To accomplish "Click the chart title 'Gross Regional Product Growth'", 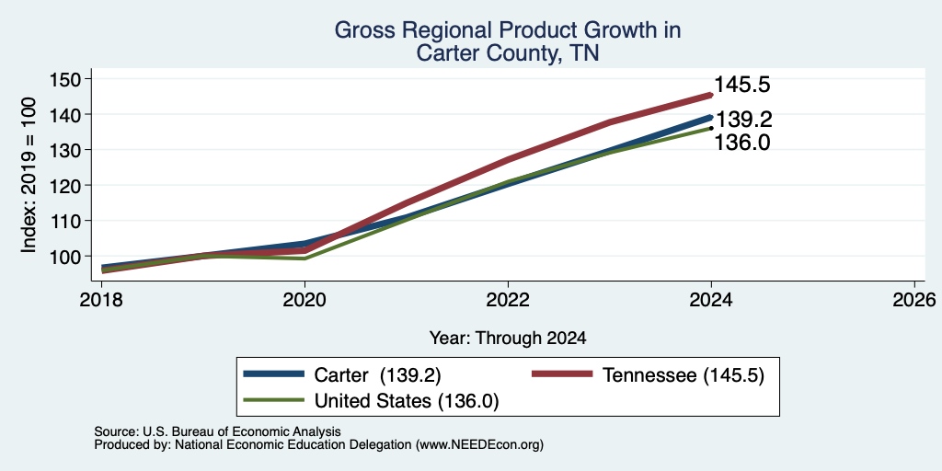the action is tap(507, 30).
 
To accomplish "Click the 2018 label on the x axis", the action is tap(101, 299).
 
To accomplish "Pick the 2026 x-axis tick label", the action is tap(913, 299).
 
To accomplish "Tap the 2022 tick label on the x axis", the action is tap(508, 299).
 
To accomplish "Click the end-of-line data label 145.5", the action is tap(742, 85).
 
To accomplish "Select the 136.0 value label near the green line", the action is tap(742, 143).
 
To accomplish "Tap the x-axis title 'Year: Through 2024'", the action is tap(508, 339).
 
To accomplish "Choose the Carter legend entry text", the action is tap(378, 375).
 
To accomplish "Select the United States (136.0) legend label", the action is tap(407, 401).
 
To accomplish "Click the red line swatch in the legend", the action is tap(563, 374).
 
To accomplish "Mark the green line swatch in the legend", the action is tap(273, 399).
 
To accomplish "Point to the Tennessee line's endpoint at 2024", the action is tap(711, 95).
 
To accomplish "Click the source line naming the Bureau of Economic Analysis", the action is tap(217, 431).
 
